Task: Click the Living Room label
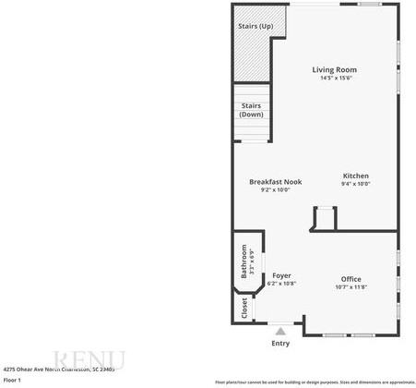(334, 70)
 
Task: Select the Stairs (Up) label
(256, 26)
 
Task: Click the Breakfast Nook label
(275, 182)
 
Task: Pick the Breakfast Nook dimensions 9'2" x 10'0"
(275, 190)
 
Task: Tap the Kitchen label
(355, 176)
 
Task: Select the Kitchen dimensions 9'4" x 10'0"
(355, 184)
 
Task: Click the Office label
(351, 279)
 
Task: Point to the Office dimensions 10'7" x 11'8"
(351, 287)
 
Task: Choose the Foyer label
(281, 275)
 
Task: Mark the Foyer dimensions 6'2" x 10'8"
(281, 284)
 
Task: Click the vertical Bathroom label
(244, 261)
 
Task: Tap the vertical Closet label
(244, 309)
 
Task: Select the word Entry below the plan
(279, 344)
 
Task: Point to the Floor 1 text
(12, 380)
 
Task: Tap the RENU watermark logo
(89, 359)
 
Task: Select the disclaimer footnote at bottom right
(315, 382)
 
